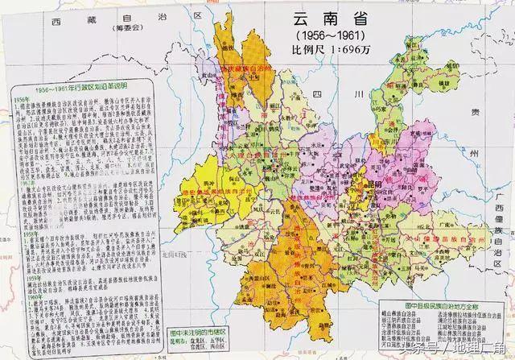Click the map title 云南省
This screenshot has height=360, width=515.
pyautogui.click(x=326, y=17)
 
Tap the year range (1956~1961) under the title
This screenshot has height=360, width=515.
pyautogui.click(x=326, y=37)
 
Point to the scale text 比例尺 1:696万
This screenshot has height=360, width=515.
pyautogui.click(x=326, y=52)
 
